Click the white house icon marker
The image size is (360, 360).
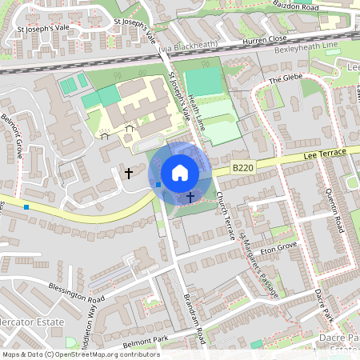pyautogui.click(x=180, y=172)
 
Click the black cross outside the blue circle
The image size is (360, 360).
pyautogui.click(x=129, y=172)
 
